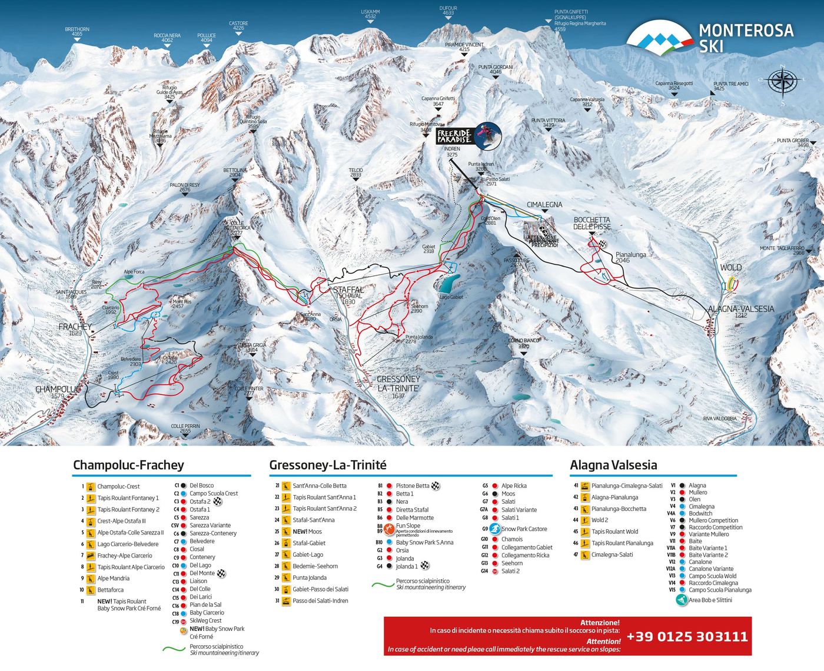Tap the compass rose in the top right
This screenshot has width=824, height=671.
point(782,82)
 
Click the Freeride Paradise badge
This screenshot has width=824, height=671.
point(469,135)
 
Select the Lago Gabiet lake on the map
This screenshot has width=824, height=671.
point(448,285)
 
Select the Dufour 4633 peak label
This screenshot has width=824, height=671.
point(448,11)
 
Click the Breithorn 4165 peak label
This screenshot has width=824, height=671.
point(77,31)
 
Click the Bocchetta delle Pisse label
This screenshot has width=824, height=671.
point(592,223)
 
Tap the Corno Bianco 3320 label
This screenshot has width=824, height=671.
point(524,343)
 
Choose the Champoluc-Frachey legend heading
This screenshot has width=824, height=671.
point(128,465)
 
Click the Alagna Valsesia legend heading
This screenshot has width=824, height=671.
point(613,465)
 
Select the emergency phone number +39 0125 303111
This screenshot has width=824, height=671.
point(687,636)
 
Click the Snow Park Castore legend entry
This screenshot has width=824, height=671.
point(524,529)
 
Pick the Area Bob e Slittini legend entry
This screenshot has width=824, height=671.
point(710,600)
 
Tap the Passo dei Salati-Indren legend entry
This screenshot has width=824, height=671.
point(320,601)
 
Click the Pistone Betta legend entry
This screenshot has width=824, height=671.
point(412,486)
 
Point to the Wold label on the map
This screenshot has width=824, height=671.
point(730,267)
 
